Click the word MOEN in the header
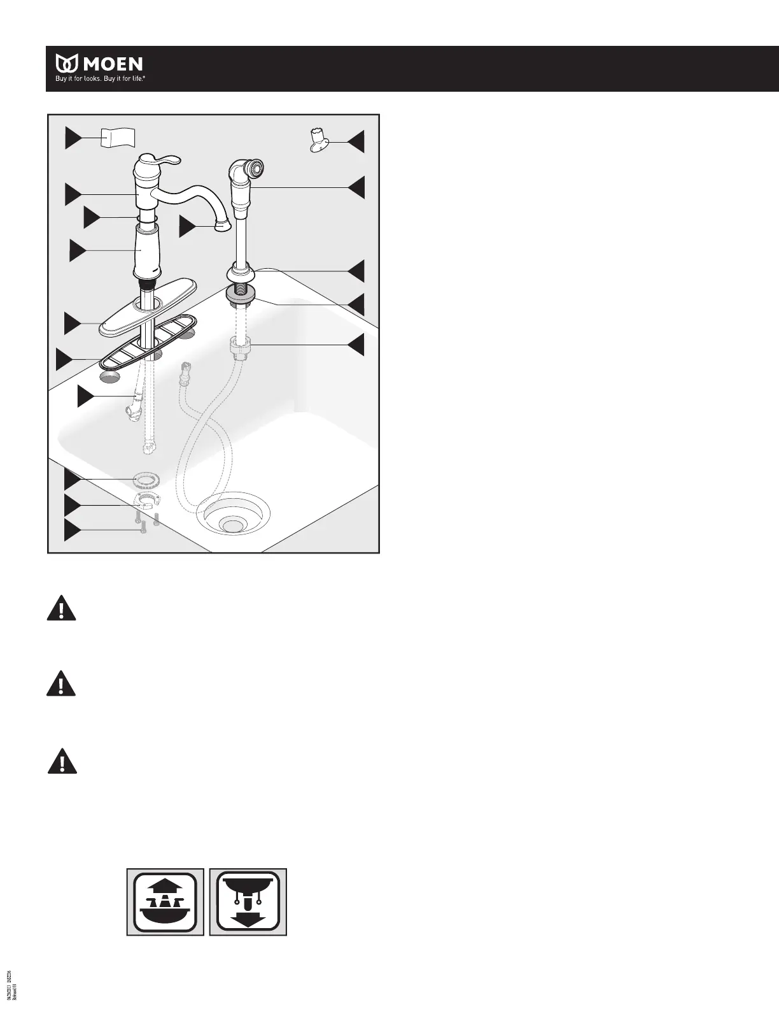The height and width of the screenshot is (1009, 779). click(x=111, y=64)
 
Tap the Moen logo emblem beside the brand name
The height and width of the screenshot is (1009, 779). click(x=67, y=64)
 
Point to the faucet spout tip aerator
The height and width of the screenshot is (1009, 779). click(x=223, y=225)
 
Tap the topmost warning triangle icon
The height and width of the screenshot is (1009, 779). click(x=61, y=608)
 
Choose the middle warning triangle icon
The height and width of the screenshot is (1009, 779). click(x=61, y=683)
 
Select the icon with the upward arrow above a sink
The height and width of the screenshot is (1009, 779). click(x=165, y=901)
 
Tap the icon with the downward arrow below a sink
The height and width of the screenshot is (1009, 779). click(x=248, y=901)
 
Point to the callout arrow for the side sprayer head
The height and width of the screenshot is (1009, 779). click(x=356, y=187)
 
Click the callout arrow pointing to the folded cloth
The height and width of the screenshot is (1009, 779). click(x=74, y=138)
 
